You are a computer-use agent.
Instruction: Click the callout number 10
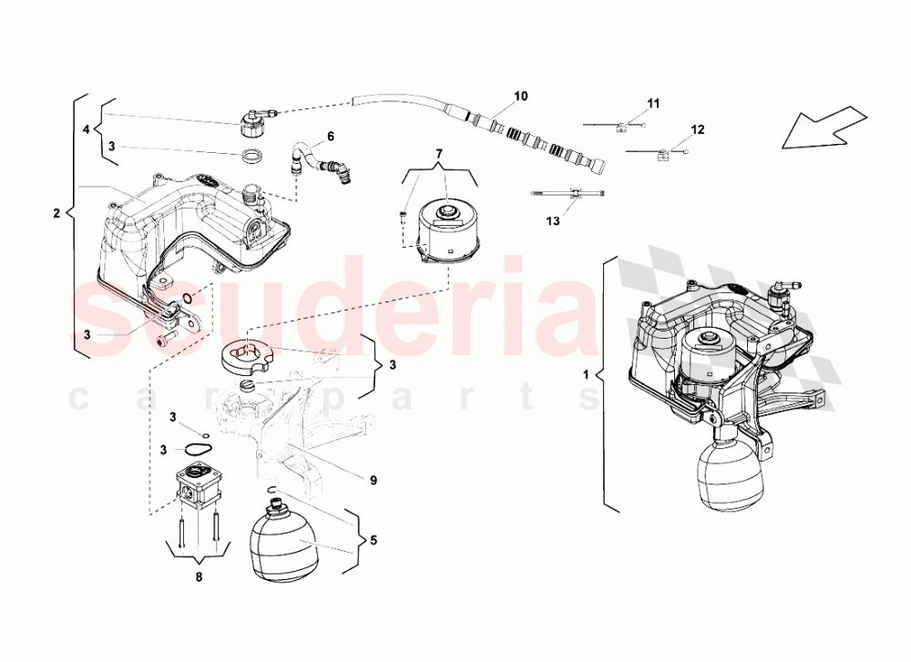tap(520, 96)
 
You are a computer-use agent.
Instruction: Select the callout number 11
tap(653, 103)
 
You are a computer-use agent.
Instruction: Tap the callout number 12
tap(698, 130)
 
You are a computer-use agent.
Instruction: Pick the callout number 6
tap(331, 136)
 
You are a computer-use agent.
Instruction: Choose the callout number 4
tap(87, 130)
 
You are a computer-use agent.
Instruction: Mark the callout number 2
tap(56, 214)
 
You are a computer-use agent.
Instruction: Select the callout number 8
tap(200, 576)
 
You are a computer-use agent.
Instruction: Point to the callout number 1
tap(587, 373)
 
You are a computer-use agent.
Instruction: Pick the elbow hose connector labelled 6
tap(320, 164)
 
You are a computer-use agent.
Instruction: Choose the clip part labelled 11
tap(620, 126)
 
